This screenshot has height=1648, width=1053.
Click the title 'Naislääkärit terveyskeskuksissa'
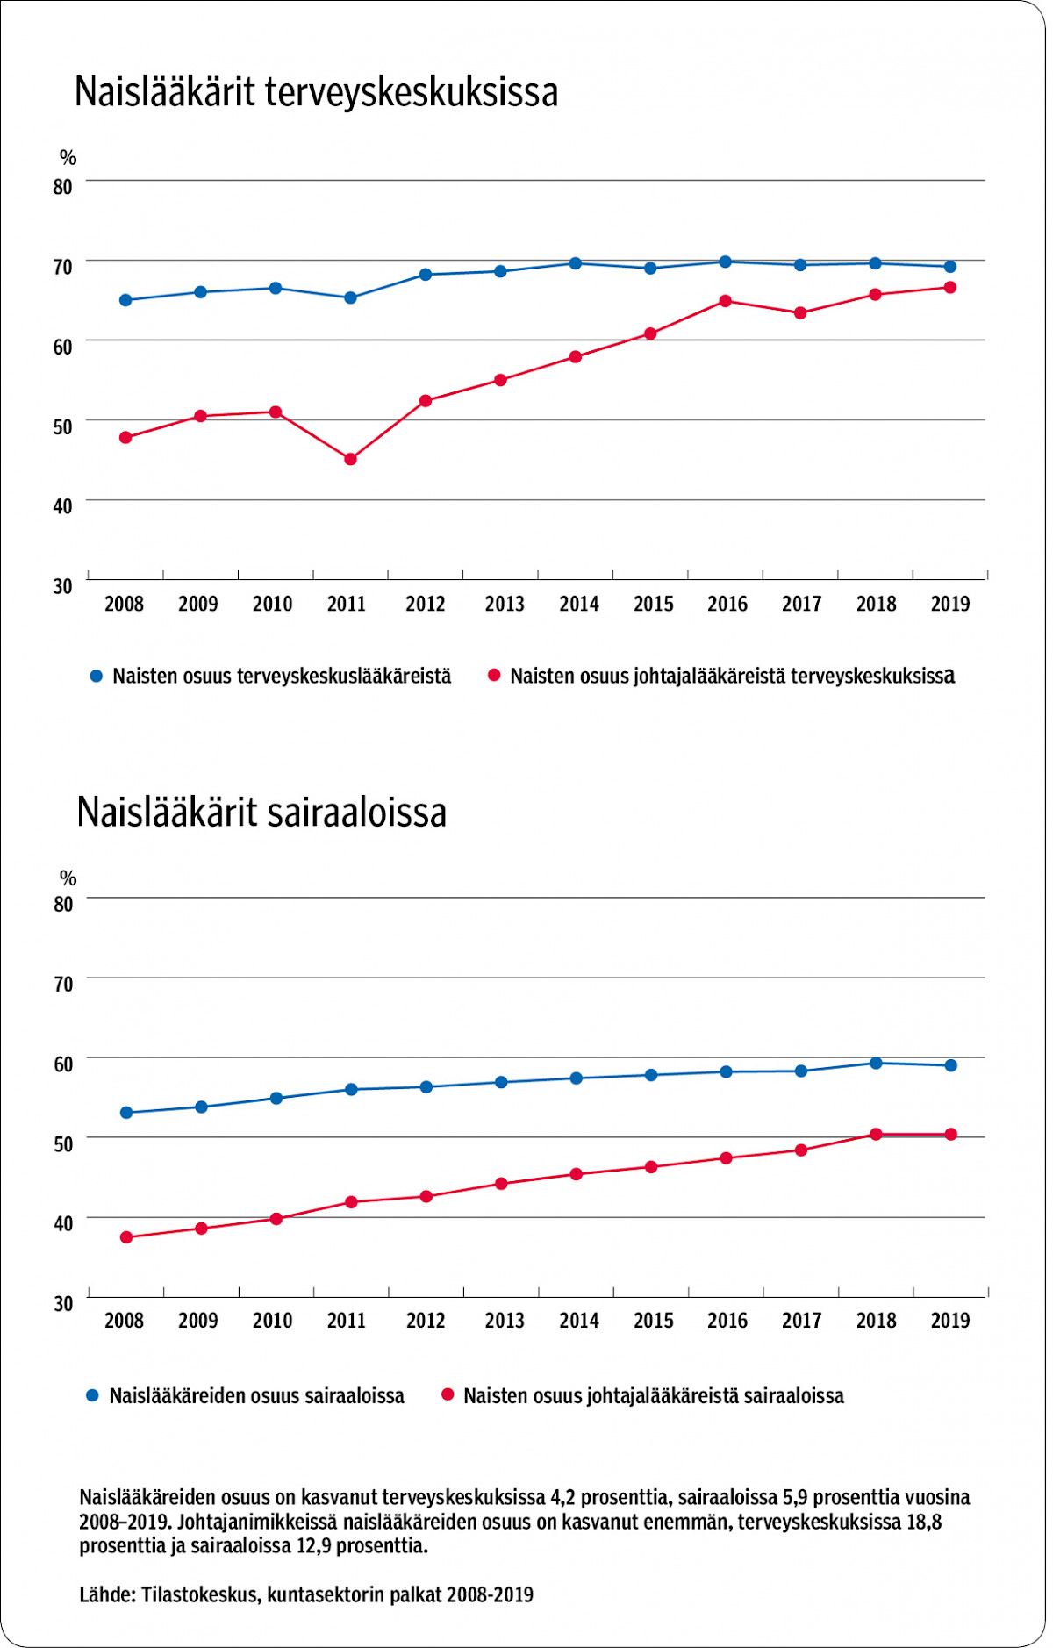pos(316,92)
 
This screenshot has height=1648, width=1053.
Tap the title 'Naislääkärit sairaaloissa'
pos(261,813)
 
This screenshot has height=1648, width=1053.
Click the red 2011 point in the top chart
pos(350,459)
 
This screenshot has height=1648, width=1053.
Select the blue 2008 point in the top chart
pos(125,300)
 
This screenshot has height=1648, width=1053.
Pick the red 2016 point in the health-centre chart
pos(726,301)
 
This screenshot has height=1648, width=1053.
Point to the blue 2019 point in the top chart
pos(950,267)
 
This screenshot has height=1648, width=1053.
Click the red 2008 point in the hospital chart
pos(126,1237)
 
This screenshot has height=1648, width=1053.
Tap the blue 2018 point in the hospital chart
pos(876,1063)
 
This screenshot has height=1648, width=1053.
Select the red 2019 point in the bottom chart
pos(950,1135)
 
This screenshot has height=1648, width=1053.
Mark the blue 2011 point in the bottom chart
pos(351,1090)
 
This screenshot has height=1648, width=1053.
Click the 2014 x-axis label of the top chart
pos(579,604)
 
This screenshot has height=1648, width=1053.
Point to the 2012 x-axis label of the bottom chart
pos(426,1321)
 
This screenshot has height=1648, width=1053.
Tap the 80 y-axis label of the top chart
pos(62,186)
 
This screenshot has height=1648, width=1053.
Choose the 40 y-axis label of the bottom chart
pos(62,1223)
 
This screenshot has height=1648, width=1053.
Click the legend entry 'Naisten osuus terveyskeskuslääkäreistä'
pos(282,677)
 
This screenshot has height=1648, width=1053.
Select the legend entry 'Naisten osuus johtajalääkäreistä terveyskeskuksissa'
pos(732,677)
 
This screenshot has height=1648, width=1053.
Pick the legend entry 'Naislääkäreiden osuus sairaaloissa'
pos(256,1396)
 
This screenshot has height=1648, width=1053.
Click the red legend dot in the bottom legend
pos(448,1395)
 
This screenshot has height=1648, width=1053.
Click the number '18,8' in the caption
pos(921,1522)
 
